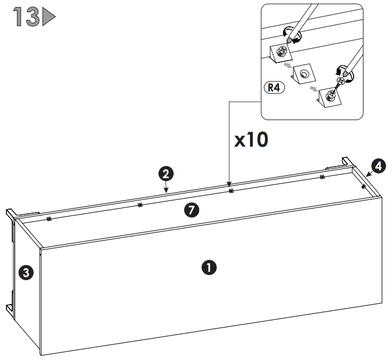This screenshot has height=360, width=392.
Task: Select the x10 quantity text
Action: click(251, 141)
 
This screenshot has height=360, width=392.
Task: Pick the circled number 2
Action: click(166, 173)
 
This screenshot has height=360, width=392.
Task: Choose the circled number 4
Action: click(378, 166)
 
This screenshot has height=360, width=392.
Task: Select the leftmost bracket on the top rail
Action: click(49, 219)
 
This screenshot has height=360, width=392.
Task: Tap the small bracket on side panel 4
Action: click(363, 186)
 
